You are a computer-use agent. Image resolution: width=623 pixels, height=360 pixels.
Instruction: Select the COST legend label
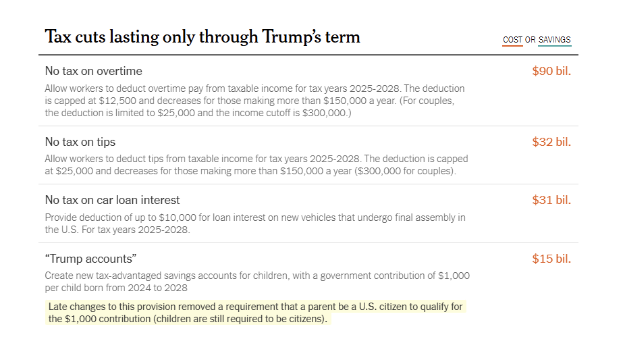click(512, 40)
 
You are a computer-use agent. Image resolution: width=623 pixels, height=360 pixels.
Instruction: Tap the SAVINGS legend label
click(554, 40)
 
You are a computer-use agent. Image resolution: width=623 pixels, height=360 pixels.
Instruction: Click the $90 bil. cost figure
click(551, 71)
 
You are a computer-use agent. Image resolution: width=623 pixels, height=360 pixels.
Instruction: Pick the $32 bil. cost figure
click(551, 142)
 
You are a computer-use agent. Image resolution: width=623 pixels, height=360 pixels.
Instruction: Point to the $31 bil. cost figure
click(551, 200)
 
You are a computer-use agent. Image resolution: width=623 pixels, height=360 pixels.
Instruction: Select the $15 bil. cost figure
click(551, 259)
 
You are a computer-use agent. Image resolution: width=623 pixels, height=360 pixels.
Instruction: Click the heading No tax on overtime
click(93, 71)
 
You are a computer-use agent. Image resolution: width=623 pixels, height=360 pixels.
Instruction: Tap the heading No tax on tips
click(80, 142)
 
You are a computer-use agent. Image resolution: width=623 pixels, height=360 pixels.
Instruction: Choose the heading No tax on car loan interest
click(112, 200)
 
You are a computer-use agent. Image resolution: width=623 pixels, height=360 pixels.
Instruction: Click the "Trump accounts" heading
click(90, 259)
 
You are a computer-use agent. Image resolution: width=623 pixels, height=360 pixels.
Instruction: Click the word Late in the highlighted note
click(59, 307)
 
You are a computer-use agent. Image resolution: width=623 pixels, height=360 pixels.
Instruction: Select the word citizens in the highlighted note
click(303, 319)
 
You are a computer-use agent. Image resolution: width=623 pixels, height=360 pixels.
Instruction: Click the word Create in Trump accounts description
click(59, 276)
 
